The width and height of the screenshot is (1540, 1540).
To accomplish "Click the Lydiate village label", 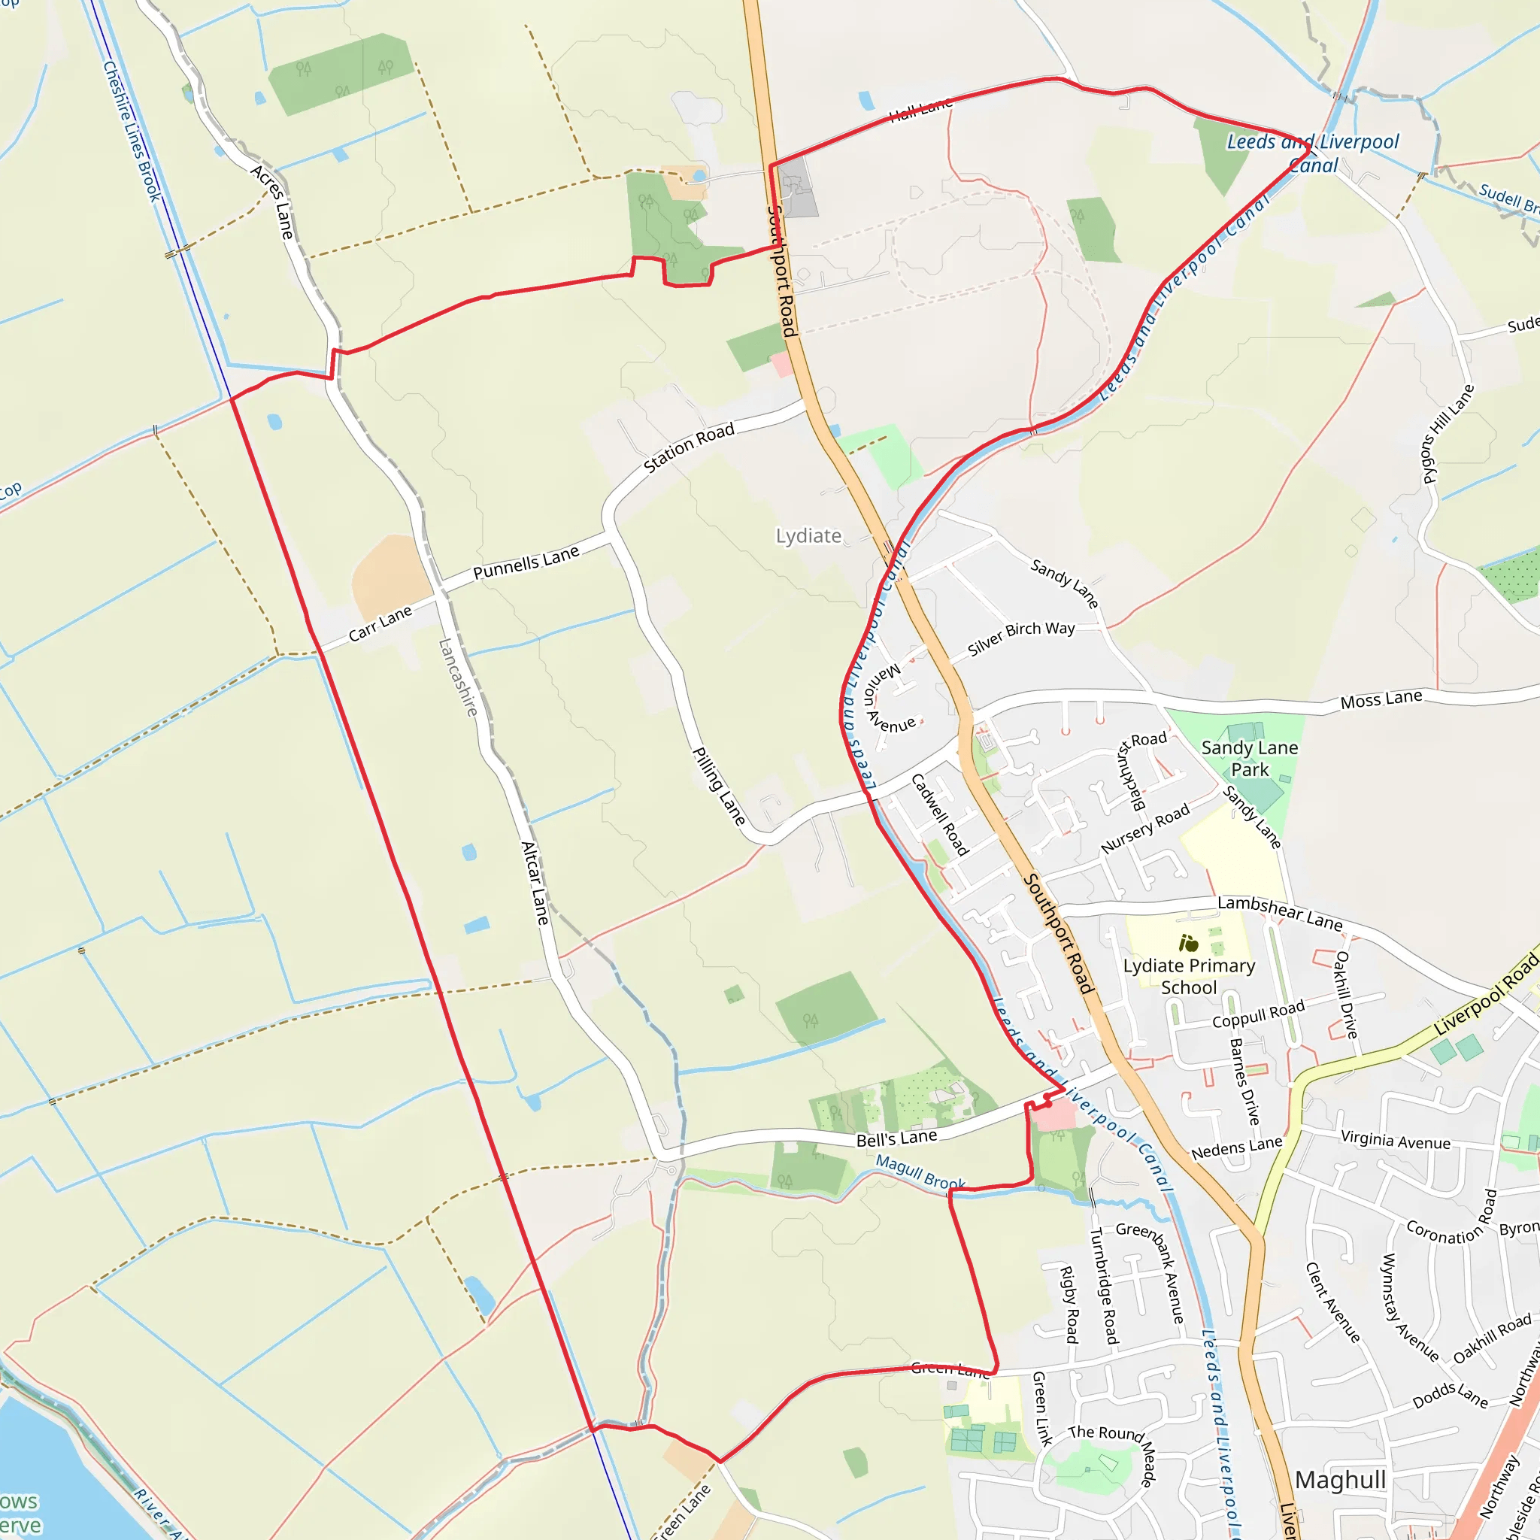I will tap(808, 535).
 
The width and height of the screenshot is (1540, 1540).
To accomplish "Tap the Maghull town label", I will tap(1340, 1480).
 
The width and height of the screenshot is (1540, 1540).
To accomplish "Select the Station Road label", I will tap(689, 448).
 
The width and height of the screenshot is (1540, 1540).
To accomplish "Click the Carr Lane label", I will tap(380, 623).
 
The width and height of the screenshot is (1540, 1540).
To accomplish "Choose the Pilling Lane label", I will tap(719, 786).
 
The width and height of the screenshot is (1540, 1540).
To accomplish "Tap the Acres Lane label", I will tap(273, 202).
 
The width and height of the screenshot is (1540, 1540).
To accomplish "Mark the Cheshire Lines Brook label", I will tap(132, 132).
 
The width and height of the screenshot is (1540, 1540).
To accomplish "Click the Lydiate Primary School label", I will tap(1189, 977).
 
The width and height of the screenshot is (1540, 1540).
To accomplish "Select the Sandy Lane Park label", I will tap(1249, 758).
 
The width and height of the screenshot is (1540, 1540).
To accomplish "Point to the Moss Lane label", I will tap(1381, 700).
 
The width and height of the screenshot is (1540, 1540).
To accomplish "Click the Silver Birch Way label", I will tap(1021, 638).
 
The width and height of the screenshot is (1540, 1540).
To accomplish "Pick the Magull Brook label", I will tap(920, 1172).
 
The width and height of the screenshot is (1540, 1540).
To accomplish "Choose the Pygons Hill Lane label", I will tap(1448, 435).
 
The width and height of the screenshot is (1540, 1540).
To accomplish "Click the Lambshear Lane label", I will tap(1279, 913).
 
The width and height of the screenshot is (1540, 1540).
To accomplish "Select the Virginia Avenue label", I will tap(1395, 1141).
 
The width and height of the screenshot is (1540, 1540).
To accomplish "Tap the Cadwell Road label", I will tap(940, 814).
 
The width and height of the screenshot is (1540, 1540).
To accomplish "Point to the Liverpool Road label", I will tap(1486, 996).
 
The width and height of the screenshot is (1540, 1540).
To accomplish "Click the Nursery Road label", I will tap(1144, 829).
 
